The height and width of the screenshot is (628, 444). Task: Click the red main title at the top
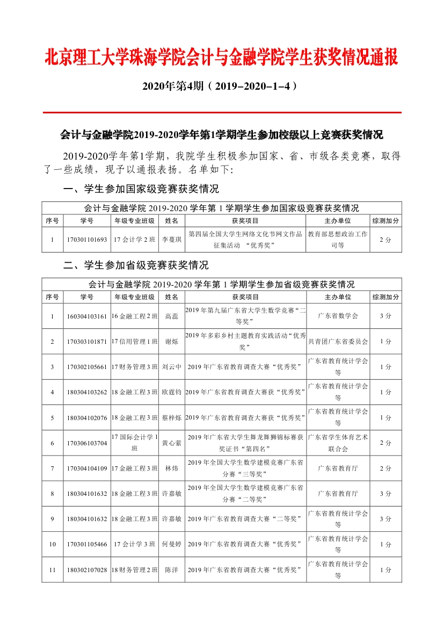pyautogui.click(x=221, y=57)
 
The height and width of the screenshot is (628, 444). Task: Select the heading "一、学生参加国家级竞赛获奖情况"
pyautogui.click(x=141, y=189)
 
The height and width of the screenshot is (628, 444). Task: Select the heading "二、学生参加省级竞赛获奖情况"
pyautogui.click(x=136, y=265)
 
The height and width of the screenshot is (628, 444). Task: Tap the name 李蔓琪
pyautogui.click(x=172, y=240)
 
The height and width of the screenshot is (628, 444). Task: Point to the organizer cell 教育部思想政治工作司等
pyautogui.click(x=338, y=240)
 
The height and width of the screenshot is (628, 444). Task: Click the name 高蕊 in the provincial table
pyautogui.click(x=172, y=316)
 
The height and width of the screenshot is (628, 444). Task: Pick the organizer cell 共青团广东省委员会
pyautogui.click(x=338, y=341)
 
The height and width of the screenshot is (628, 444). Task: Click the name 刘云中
pyautogui.click(x=172, y=367)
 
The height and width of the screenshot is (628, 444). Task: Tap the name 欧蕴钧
pyautogui.click(x=172, y=392)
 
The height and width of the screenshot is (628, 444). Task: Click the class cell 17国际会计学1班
pyautogui.click(x=134, y=443)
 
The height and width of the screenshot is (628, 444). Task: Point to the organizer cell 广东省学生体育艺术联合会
pyautogui.click(x=338, y=443)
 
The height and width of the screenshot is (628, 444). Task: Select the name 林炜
pyautogui.click(x=172, y=468)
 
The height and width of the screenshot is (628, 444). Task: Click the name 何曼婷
pyautogui.click(x=172, y=544)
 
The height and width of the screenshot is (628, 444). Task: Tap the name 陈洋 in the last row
pyautogui.click(x=172, y=569)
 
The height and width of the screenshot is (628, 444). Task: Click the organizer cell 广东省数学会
pyautogui.click(x=338, y=316)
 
